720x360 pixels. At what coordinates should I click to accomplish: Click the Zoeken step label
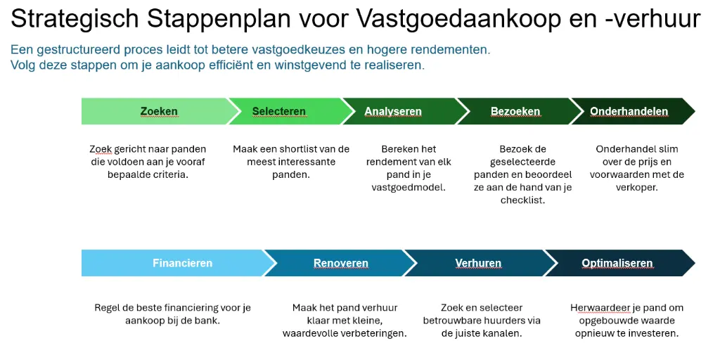tap(159, 111)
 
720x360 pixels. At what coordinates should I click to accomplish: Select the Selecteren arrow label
tap(279, 111)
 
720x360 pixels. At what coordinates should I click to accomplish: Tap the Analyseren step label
tap(393, 111)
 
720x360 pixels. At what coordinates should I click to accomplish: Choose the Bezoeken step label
tap(515, 111)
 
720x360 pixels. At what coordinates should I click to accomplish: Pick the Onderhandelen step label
tap(629, 111)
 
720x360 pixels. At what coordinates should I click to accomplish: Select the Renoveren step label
tap(341, 263)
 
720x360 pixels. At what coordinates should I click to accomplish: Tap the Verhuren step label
tap(478, 263)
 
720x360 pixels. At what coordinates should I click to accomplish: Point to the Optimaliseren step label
tap(617, 263)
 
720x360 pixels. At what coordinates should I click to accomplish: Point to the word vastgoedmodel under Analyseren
tap(409, 187)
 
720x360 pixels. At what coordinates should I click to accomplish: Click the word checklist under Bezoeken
tap(522, 200)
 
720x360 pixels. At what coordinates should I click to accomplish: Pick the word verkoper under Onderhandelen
tap(636, 187)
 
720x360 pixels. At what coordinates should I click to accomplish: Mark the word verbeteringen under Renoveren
tap(373, 333)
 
